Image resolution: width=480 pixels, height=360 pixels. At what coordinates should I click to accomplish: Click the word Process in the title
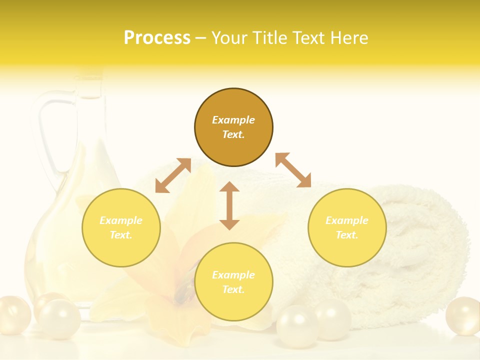[x=157, y=38]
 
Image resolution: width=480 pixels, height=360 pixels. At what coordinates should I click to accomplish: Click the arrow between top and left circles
[x=173, y=175]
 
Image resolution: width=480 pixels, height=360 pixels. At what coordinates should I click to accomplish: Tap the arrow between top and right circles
[x=293, y=170]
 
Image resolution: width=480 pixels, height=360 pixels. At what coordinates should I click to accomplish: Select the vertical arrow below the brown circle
[x=229, y=205]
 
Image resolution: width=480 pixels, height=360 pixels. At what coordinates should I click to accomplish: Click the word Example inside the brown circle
[x=233, y=120]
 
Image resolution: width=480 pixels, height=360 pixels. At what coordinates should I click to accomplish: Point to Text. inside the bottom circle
[x=233, y=289]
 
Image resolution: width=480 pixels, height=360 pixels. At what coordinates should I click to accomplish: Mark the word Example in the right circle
[x=347, y=220]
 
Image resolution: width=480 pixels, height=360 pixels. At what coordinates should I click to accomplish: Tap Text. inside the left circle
[x=121, y=235]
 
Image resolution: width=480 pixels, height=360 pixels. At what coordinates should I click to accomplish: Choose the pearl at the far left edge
[x=13, y=314]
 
